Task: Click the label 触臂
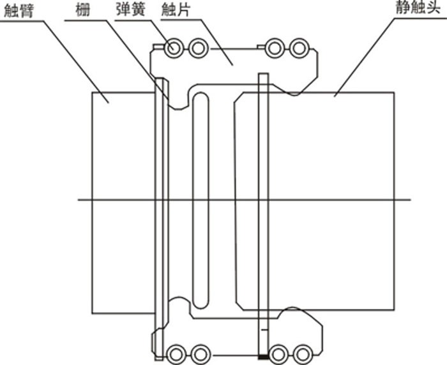19,11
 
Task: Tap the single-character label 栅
82,10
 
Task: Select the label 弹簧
131,10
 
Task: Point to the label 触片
176,10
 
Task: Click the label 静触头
418,8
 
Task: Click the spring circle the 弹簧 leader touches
173,48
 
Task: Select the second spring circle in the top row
198,48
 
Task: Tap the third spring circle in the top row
274,48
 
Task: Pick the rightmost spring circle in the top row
299,48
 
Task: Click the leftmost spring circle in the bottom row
176,354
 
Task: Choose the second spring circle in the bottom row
201,354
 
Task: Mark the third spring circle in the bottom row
278,354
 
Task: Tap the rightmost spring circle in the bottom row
303,354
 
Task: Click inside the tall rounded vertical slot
201,200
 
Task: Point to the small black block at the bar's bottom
263,357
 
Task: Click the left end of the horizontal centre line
79,200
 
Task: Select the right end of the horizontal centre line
411,200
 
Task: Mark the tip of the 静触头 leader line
335,96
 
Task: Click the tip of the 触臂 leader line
109,103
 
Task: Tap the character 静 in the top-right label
403,8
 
